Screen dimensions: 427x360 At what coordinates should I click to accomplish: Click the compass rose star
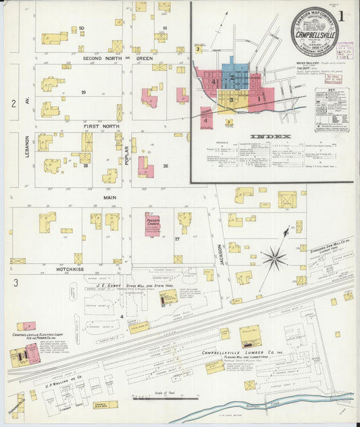tap(274, 257)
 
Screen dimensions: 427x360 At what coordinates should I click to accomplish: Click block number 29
tap(84, 92)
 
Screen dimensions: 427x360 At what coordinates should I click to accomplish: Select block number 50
tap(81, 28)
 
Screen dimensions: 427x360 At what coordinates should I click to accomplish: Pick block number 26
tap(165, 166)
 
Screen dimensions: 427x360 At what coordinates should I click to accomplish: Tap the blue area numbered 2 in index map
tap(232, 78)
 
